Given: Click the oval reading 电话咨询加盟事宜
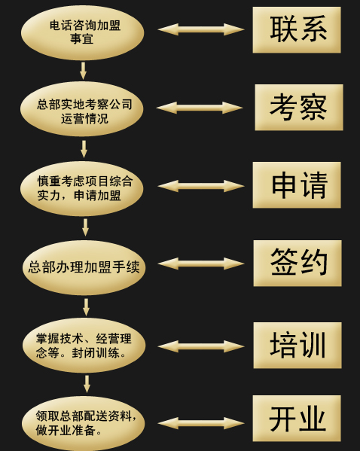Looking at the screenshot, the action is (83, 32).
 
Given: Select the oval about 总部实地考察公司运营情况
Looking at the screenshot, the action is (82, 109).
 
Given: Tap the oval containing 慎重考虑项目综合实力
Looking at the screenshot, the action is (82, 189).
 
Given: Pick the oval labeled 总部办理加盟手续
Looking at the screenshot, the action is (84, 267).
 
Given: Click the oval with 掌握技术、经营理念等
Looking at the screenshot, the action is (84, 345).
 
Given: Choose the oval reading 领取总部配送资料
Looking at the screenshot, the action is (84, 423).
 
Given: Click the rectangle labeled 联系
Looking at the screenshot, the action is (297, 30).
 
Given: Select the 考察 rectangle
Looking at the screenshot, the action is (299, 107).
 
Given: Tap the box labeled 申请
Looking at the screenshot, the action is (297, 185).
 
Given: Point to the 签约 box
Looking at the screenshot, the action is (297, 264).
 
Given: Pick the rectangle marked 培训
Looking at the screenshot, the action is (297, 345).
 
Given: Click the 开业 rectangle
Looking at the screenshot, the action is (297, 418).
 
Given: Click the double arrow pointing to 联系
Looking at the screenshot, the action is (201, 29).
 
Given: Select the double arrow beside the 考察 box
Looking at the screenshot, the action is (200, 108).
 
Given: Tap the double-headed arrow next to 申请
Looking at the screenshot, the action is (201, 186).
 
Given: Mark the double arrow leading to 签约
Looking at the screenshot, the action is (201, 264).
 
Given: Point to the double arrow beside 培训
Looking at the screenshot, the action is (201, 346).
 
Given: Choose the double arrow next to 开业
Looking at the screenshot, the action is (201, 423).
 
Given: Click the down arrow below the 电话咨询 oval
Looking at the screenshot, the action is (83, 71).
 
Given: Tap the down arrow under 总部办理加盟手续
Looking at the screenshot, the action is (86, 307).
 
